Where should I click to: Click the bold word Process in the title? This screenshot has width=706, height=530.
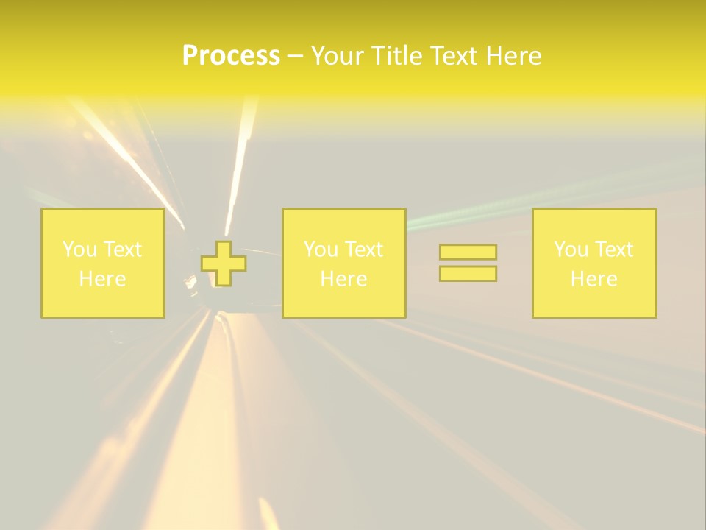tap(231, 56)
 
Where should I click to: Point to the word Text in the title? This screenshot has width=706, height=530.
tap(455, 56)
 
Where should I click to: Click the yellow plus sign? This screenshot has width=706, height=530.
tap(224, 264)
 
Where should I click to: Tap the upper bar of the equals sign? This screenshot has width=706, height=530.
tap(468, 252)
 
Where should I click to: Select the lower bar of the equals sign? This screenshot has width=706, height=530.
tap(468, 273)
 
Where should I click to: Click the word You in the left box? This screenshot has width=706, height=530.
tap(79, 250)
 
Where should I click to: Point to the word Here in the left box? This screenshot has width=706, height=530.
tap(103, 279)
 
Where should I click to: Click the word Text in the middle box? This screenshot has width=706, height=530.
tap(363, 250)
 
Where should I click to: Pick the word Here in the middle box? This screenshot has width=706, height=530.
tap(344, 279)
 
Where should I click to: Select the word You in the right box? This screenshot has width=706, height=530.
tap(571, 250)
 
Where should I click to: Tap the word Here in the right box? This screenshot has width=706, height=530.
tap(594, 279)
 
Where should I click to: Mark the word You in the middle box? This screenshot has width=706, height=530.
tap(321, 250)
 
